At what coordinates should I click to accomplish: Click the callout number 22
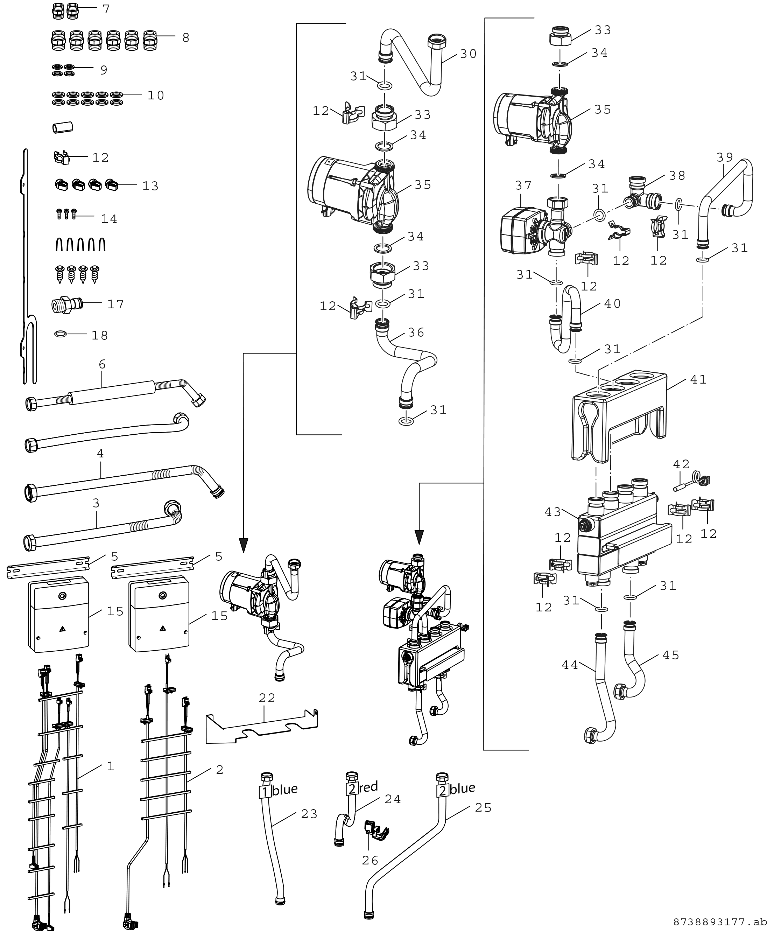pyautogui.click(x=267, y=698)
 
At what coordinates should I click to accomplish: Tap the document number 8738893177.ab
pyautogui.click(x=720, y=922)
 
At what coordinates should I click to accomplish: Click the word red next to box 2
pyautogui.click(x=368, y=787)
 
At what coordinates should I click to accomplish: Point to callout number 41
pyautogui.click(x=698, y=379)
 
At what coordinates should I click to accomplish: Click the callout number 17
pyautogui.click(x=116, y=304)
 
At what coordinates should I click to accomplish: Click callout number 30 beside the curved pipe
pyautogui.click(x=468, y=54)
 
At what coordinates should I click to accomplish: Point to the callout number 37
pyautogui.click(x=523, y=185)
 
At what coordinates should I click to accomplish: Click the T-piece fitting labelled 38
pyautogui.click(x=642, y=195)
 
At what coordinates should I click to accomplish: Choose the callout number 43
pyautogui.click(x=553, y=512)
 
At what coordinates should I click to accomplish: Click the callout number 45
pyautogui.click(x=671, y=654)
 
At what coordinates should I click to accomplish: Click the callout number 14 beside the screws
pyautogui.click(x=109, y=219)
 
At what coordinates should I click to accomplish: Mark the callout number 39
pyautogui.click(x=725, y=157)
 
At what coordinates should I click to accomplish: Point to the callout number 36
pyautogui.click(x=416, y=332)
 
